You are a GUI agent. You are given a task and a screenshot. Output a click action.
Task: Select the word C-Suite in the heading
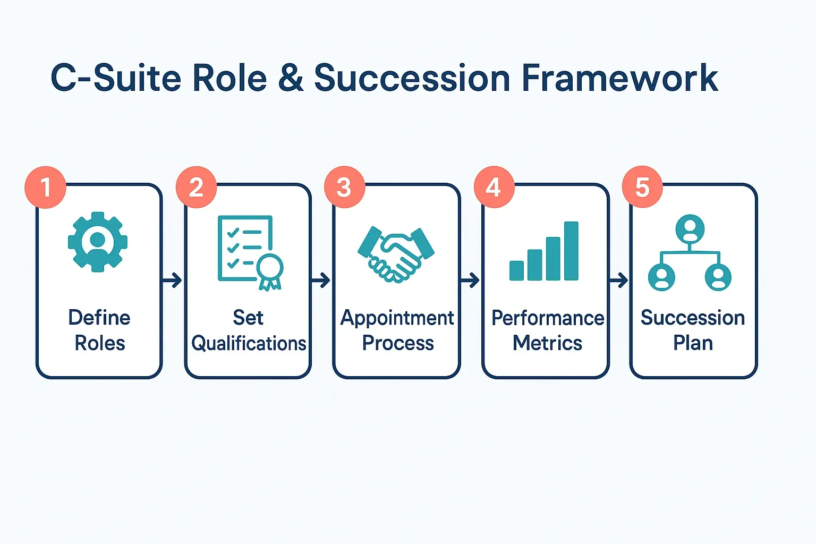tap(116, 79)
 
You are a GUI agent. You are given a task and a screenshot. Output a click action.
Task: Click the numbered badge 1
tap(45, 187)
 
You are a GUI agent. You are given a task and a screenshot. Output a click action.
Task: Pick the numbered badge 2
tap(196, 187)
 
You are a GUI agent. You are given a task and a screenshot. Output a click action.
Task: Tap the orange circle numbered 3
tap(344, 187)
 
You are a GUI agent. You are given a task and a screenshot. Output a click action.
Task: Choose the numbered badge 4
tap(494, 187)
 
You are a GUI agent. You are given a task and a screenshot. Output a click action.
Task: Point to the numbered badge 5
tap(642, 187)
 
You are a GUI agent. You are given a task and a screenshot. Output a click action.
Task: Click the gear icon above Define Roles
tap(98, 242)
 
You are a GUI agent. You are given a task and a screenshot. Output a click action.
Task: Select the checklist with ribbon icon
tap(245, 248)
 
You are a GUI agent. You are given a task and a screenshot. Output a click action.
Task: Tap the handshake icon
tap(396, 253)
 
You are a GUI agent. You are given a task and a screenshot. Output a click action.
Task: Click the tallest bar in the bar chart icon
tap(571, 251)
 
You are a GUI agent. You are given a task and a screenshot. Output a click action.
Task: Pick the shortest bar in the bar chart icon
tap(516, 270)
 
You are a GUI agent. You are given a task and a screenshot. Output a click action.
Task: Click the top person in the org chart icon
tap(690, 229)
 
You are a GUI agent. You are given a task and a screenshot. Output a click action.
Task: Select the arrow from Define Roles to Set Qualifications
tap(173, 280)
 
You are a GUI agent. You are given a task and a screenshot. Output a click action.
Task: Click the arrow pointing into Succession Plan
tap(619, 280)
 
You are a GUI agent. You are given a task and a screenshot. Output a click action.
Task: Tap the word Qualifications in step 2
tap(249, 344)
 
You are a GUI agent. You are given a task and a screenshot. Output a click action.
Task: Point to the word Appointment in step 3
tap(397, 318)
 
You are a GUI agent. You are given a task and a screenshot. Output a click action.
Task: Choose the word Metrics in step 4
tap(547, 343)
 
